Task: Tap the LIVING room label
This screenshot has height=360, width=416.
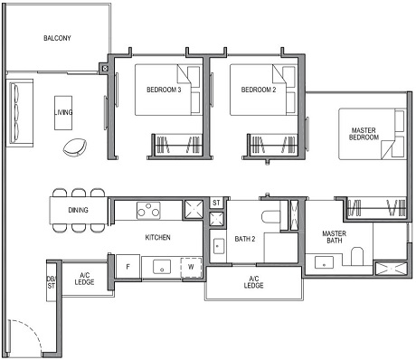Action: coord(63,112)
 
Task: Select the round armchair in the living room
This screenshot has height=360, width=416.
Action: coord(76,145)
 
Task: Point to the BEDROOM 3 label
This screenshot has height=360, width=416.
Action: coord(164,90)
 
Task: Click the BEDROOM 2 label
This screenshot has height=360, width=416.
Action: coord(258,90)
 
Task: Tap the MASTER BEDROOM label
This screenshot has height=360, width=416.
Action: coord(364,136)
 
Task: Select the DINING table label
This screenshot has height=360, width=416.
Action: coord(78,211)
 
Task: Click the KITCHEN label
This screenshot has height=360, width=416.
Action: coord(158,237)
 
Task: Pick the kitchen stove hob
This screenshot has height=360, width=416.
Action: coord(148,211)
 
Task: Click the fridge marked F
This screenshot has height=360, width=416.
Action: coord(128,267)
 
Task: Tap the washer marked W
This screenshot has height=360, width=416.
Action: coord(191,267)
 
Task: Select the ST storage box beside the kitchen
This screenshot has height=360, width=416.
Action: coord(216,204)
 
